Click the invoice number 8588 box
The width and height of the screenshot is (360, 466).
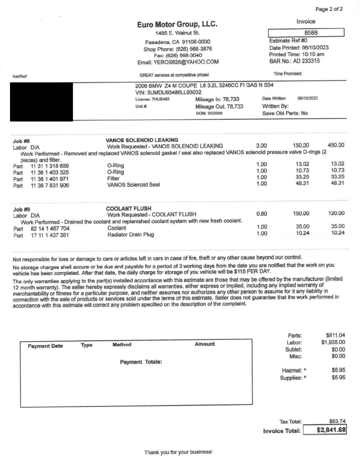pos(306,33)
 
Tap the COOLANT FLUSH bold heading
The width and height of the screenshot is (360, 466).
pos(128,209)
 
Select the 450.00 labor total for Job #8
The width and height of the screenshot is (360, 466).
pos(336,146)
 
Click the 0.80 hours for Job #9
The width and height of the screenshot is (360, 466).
pos(261,213)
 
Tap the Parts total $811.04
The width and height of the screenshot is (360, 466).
pos(335,335)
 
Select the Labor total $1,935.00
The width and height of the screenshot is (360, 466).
pos(333,342)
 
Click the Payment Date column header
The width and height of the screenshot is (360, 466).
pos(45,345)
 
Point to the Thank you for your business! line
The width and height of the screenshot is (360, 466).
pos(178,452)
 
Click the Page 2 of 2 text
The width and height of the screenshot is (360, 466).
pos(329,9)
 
